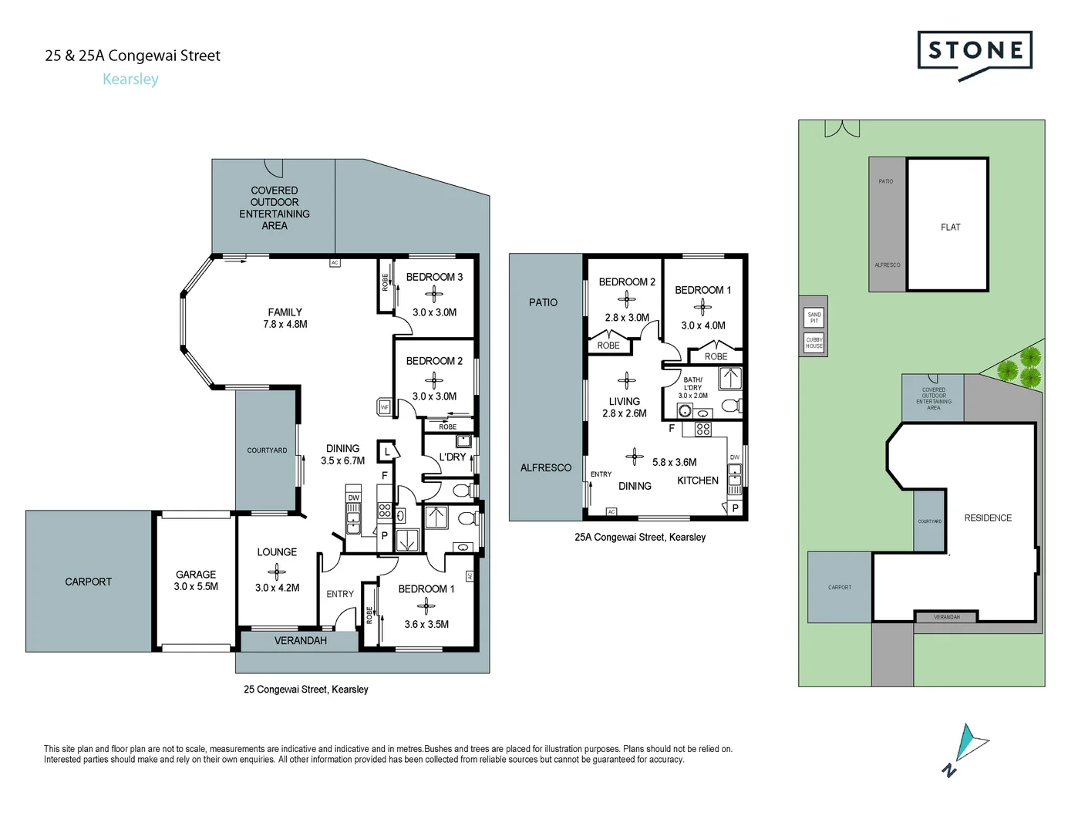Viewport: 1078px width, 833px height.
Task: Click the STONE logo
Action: tap(975, 52)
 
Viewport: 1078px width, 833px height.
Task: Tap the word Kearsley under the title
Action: tap(130, 79)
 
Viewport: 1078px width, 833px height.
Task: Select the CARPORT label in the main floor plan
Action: tap(88, 582)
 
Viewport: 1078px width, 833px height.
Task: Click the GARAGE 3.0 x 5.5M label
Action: tap(196, 580)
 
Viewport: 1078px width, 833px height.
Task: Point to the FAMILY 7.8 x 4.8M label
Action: tap(285, 318)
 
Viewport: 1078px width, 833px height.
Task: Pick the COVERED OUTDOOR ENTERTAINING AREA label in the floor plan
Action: tap(275, 207)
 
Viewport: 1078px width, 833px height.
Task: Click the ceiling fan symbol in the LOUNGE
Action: tap(276, 571)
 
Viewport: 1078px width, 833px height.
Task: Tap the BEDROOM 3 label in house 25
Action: tap(434, 277)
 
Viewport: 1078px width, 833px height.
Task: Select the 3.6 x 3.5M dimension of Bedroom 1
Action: tap(426, 624)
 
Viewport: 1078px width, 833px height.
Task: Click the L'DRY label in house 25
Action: tap(452, 457)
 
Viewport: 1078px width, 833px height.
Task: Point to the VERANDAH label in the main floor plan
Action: tap(300, 640)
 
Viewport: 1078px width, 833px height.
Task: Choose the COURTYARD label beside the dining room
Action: tap(267, 450)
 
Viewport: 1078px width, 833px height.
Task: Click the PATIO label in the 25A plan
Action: tap(543, 302)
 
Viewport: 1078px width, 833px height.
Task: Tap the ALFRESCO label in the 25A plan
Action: tap(546, 467)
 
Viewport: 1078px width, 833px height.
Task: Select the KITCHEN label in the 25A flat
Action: tap(698, 481)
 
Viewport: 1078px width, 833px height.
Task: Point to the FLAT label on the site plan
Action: tap(950, 227)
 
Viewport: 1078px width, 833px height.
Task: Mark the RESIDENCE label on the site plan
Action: tap(988, 518)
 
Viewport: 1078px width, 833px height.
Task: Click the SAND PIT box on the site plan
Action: tap(814, 317)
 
